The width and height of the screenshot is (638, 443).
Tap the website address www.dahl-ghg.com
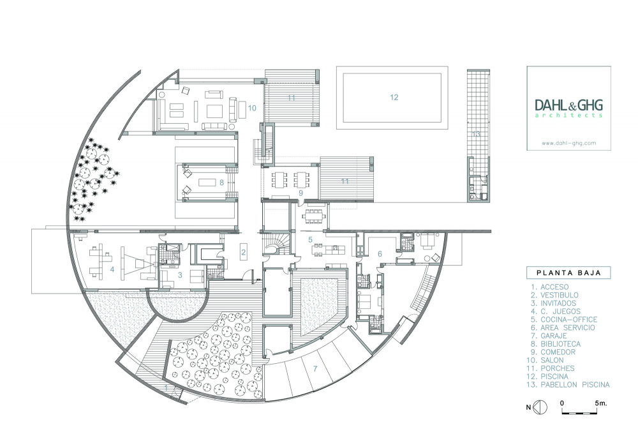(569, 143)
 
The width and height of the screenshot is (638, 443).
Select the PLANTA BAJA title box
(568, 273)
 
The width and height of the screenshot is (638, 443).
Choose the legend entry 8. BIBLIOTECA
(556, 344)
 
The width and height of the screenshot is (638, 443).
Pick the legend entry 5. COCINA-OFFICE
(563, 320)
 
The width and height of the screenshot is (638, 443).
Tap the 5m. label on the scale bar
(600, 403)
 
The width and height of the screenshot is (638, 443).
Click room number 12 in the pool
(394, 97)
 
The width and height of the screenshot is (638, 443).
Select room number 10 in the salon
(252, 108)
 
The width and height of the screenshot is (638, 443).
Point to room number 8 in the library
(222, 183)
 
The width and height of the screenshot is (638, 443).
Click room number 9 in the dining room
(300, 193)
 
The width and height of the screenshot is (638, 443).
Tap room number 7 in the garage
(315, 369)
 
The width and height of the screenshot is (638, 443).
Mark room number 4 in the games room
(112, 269)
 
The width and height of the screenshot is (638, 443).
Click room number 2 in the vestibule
(243, 252)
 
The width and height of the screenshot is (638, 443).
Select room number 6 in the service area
(380, 254)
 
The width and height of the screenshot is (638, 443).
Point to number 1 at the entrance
(166, 387)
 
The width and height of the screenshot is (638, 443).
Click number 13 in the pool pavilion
(476, 134)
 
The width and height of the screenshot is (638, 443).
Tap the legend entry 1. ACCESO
(550, 287)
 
